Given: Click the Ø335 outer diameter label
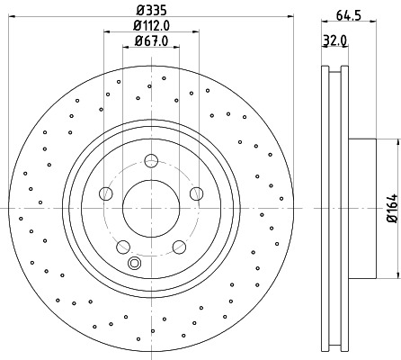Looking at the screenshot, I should pyautogui.click(x=149, y=9).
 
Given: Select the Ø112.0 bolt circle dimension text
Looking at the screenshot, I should pyautogui.click(x=149, y=25).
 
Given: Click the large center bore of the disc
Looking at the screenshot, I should pyautogui.click(x=150, y=208).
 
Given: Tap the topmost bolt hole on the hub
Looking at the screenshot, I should pyautogui.click(x=150, y=161).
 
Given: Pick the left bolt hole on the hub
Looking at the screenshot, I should pyautogui.click(x=106, y=193).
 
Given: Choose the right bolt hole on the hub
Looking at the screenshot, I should pyautogui.click(x=194, y=193).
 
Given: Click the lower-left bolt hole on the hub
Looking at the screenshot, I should pyautogui.click(x=123, y=246).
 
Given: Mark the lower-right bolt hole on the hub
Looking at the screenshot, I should pyautogui.click(x=177, y=246).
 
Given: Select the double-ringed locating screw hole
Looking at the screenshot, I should pyautogui.click(x=135, y=263).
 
